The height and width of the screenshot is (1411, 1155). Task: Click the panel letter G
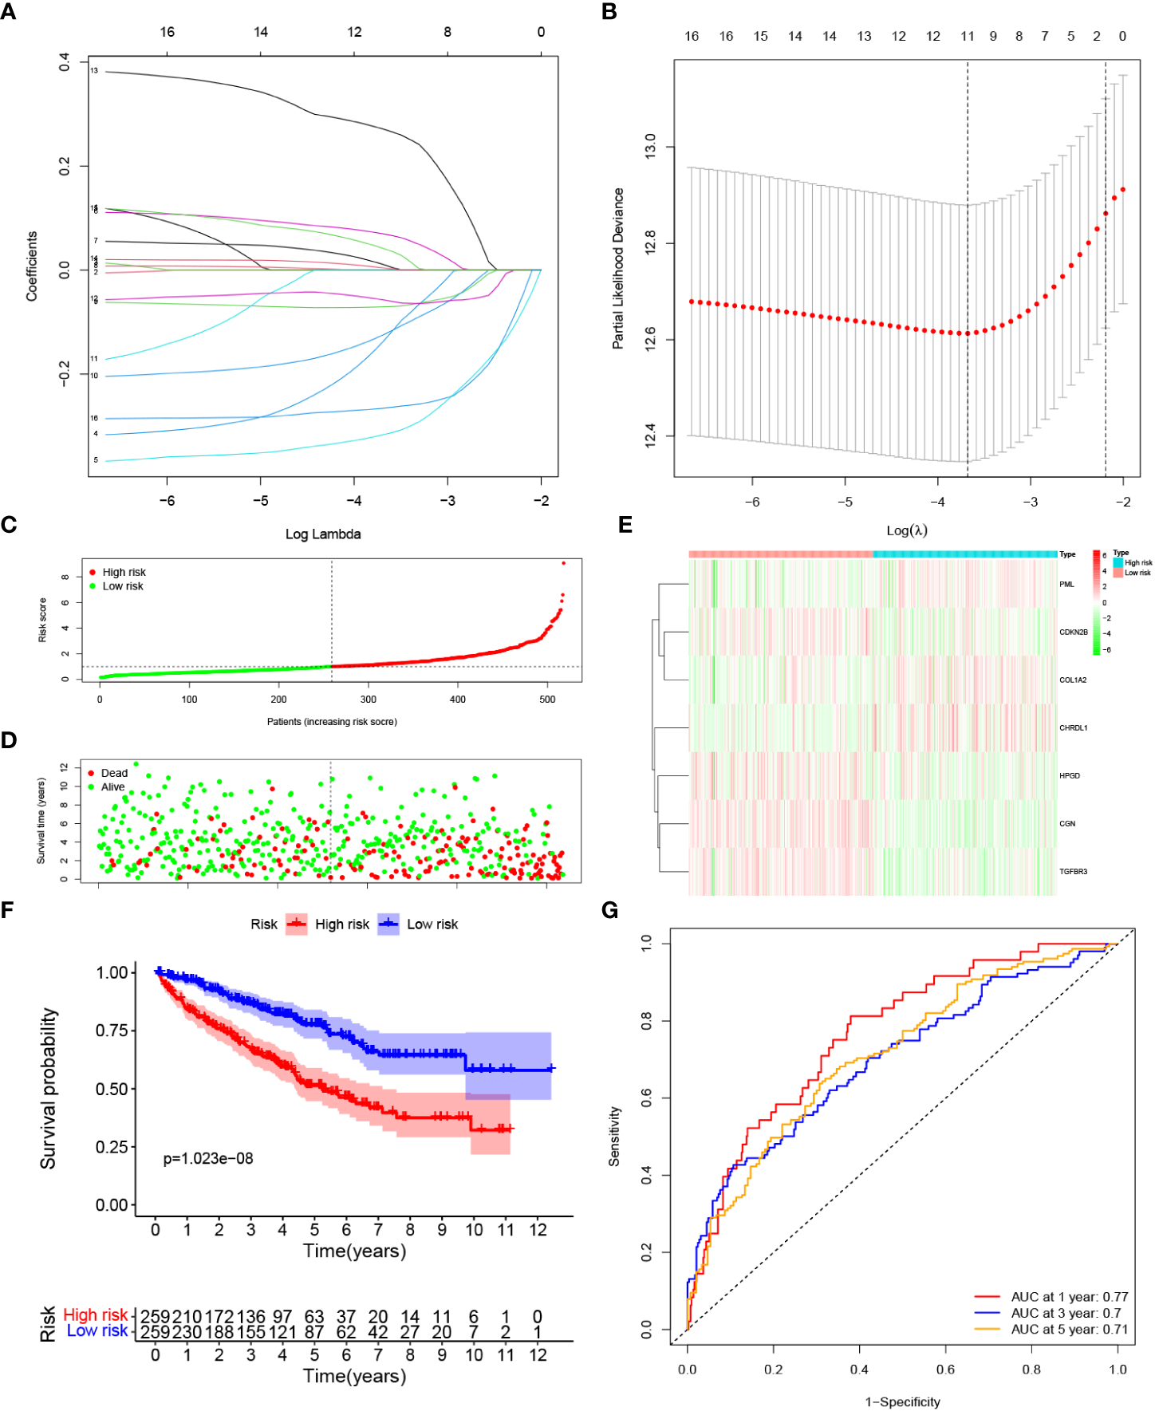[x=610, y=910]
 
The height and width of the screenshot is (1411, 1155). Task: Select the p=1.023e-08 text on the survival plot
[x=208, y=1158]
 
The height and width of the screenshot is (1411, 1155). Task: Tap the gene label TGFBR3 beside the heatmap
[x=1073, y=872]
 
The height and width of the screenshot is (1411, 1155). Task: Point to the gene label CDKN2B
[x=1073, y=633]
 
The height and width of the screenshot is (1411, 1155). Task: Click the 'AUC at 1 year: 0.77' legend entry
[x=1069, y=1297]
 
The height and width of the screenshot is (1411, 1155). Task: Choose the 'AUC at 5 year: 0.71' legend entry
[x=1069, y=1329]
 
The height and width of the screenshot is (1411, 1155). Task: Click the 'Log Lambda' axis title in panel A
[x=323, y=534]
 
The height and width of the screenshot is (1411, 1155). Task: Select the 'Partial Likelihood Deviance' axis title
[x=618, y=268]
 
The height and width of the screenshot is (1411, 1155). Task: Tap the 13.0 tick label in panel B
[x=650, y=146]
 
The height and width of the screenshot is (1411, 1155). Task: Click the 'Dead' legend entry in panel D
[x=114, y=773]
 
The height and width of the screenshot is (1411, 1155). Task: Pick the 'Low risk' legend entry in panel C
[x=123, y=586]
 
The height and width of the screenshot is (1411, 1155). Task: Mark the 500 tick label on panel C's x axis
[x=547, y=700]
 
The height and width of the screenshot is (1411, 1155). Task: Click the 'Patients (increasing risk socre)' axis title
[x=332, y=722]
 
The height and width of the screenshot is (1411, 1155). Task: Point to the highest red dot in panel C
[x=563, y=563]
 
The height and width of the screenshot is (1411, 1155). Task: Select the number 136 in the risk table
[x=251, y=1316]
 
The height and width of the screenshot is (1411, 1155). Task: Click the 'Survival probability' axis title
[x=49, y=1089]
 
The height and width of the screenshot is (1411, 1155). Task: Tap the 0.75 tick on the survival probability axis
[x=112, y=1031]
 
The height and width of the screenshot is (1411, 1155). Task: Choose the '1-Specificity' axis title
[x=902, y=1401]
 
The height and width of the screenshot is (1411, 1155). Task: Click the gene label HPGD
[x=1069, y=776]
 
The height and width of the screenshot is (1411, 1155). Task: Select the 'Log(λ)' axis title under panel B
[x=907, y=530]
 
